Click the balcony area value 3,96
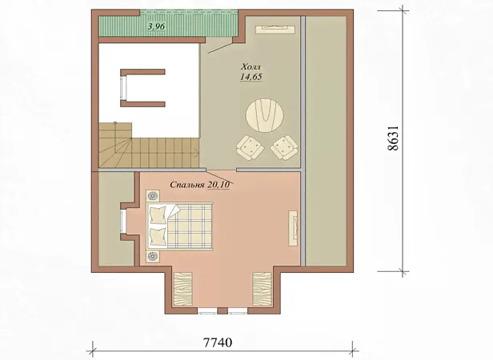[156, 26]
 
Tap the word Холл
[251, 67]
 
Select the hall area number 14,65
[251, 77]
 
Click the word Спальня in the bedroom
[187, 185]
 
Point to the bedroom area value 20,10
[218, 185]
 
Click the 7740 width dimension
[218, 342]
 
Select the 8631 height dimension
[393, 138]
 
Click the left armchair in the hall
[250, 148]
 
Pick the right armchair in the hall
[284, 147]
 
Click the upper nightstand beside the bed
[153, 196]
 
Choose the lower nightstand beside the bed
[153, 256]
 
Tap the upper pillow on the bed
[157, 214]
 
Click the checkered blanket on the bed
[189, 226]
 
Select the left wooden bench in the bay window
[182, 290]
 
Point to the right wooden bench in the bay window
[262, 290]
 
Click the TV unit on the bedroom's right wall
[293, 228]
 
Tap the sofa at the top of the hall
[275, 29]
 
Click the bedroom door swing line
[220, 178]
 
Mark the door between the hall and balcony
[220, 47]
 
